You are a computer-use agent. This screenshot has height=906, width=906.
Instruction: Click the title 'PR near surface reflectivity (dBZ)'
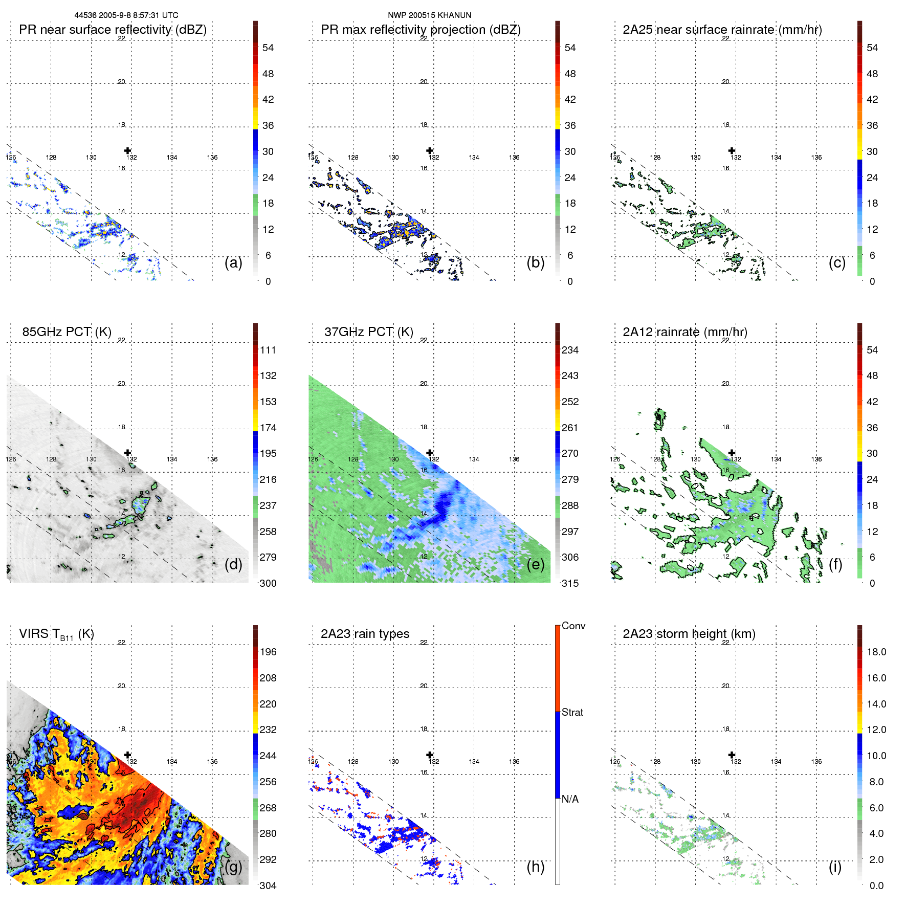tap(113, 30)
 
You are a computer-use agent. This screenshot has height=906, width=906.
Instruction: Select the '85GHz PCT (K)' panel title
tap(67, 332)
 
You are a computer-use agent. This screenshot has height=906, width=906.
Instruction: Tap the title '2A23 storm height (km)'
tap(689, 634)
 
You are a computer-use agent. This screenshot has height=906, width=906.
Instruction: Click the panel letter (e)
tap(535, 564)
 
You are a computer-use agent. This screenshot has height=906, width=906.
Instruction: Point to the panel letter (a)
tap(233, 262)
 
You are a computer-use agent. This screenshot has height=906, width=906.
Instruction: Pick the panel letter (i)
tap(835, 867)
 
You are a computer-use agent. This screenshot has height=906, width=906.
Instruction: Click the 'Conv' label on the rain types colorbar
tap(573, 626)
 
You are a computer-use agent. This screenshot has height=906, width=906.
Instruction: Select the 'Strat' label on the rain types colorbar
tap(572, 712)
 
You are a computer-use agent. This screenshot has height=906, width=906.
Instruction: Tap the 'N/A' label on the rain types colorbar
tap(570, 799)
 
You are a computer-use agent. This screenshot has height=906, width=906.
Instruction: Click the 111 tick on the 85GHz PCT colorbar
tap(268, 350)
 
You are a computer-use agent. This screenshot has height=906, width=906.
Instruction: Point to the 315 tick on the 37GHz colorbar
tap(570, 583)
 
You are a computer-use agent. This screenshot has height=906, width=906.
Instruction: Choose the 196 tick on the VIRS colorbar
tap(268, 652)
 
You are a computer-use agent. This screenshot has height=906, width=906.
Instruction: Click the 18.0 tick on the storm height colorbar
tap(876, 652)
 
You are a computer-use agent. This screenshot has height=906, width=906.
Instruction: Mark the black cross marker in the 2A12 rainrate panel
tap(732, 453)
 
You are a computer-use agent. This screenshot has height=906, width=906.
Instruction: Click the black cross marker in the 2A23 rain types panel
tap(430, 755)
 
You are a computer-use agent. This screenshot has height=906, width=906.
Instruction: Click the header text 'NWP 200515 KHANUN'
tap(430, 15)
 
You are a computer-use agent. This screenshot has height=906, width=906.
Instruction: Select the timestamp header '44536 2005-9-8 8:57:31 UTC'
tap(126, 15)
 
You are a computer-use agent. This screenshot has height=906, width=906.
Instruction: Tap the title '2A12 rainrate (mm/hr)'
tap(685, 332)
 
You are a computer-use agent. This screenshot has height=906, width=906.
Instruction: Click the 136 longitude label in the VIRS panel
tap(212, 761)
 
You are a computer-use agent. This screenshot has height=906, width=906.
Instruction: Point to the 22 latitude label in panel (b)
tap(424, 38)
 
